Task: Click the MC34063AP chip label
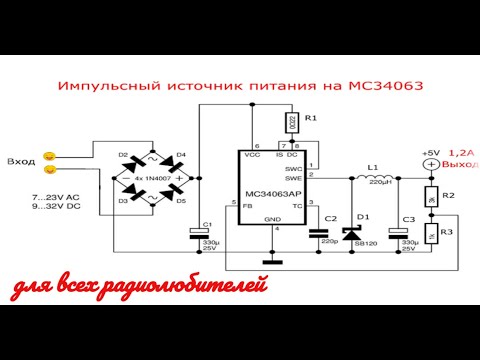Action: [x=273, y=194]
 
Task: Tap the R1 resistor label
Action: [x=310, y=118]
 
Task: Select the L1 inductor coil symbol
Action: [x=375, y=178]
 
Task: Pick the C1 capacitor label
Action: [x=206, y=224]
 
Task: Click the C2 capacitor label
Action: [x=331, y=218]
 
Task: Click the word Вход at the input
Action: [x=21, y=161]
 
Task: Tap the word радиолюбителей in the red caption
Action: [x=200, y=288]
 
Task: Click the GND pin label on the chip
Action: [x=272, y=218]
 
